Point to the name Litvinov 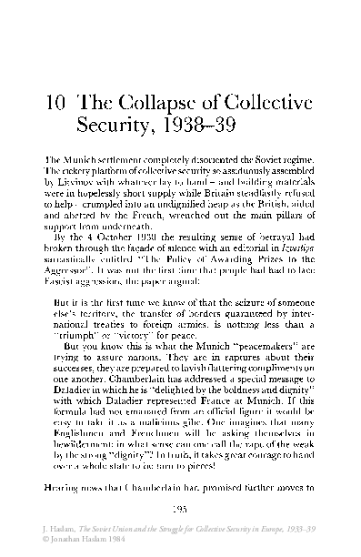pos(72,181)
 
